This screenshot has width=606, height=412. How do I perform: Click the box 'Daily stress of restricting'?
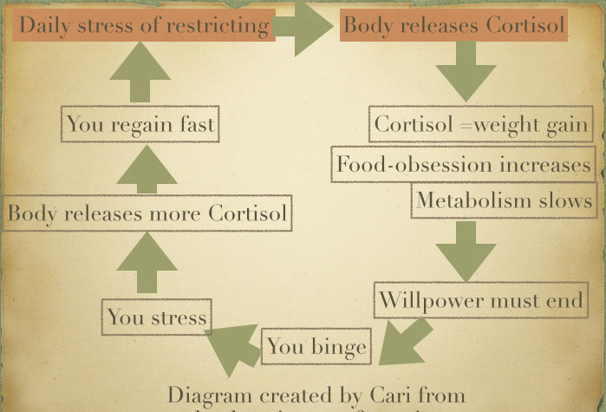[x=144, y=25]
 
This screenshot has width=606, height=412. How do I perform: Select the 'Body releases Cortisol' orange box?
[x=453, y=25]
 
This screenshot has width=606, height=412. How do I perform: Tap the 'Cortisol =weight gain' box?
[x=480, y=125]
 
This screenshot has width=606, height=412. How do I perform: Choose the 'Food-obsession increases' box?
[x=463, y=165]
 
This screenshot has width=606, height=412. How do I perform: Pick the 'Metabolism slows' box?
[x=504, y=201]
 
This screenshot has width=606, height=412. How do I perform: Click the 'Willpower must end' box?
[x=491, y=301]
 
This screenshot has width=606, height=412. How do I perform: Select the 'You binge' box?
[x=316, y=348]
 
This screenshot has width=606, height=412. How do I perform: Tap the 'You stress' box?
[x=157, y=317]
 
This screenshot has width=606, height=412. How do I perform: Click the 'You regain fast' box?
[x=140, y=125]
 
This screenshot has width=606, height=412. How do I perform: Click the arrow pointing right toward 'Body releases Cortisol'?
[x=303, y=26]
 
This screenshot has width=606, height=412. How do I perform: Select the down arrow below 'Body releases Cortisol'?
[x=466, y=71]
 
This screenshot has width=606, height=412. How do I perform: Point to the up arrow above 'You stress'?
[x=147, y=264]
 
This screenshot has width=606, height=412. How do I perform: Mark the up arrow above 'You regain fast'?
[x=140, y=75]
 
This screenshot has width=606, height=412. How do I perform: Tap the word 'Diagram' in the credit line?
[x=205, y=396]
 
